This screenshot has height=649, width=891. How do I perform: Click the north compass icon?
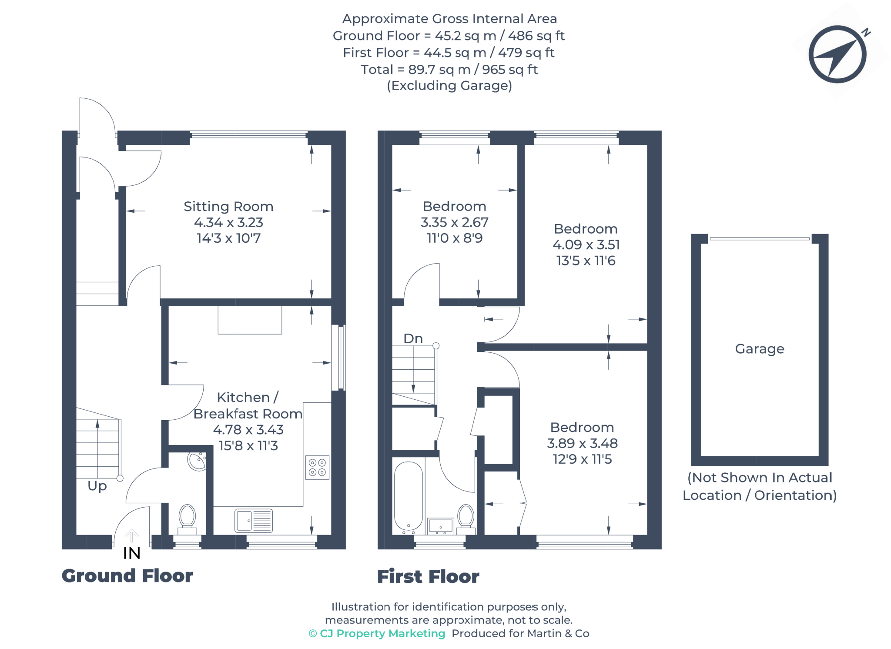tap(837, 54)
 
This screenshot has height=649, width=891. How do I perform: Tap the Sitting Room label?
tap(228, 206)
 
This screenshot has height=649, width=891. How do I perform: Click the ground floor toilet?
tap(188, 518)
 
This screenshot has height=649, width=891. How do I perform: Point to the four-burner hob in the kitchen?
tap(317, 467)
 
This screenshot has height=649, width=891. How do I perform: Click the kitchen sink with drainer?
tap(254, 520)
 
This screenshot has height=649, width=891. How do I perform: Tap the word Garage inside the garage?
tap(760, 348)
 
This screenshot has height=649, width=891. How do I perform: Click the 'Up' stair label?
tap(97, 485)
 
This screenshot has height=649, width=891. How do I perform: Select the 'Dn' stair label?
tap(413, 338)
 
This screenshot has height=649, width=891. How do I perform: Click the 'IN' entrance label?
tap(131, 553)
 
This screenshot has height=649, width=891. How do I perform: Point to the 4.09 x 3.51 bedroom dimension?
tap(586, 244)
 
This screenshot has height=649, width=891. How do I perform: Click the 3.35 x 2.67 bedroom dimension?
tap(454, 222)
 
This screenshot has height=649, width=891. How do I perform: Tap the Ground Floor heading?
tap(127, 575)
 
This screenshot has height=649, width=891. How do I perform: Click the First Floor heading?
tap(428, 576)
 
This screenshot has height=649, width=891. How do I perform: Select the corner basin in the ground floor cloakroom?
tap(197, 462)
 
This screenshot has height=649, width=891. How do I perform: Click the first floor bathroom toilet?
tap(466, 518)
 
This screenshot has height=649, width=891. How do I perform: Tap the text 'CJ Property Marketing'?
tap(382, 633)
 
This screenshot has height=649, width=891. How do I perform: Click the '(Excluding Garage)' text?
tap(449, 86)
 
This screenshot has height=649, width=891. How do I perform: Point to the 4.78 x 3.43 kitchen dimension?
tap(248, 430)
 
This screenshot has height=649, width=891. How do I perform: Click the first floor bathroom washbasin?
tap(440, 525)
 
